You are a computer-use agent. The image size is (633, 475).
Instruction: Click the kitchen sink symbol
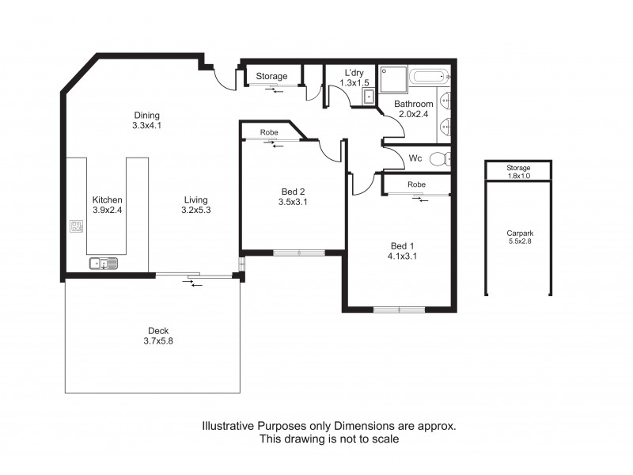104,264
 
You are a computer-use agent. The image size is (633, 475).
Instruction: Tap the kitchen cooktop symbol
77,228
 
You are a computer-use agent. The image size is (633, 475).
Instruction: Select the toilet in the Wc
440,158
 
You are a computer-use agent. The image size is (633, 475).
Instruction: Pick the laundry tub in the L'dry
367,97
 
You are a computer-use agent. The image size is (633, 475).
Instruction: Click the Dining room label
146,115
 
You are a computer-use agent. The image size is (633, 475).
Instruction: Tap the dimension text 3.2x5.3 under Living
195,211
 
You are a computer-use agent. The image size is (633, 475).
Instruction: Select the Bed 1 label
402,245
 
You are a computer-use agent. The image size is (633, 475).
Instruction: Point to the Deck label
158,331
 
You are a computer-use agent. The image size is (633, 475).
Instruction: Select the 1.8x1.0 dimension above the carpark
519,177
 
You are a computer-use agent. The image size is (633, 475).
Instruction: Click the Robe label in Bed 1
416,184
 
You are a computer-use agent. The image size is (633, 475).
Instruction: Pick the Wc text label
415,158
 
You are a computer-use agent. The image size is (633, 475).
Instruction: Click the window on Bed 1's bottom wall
400,310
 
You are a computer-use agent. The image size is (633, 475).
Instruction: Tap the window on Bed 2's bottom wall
299,253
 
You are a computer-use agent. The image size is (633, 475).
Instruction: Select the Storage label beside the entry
271,77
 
